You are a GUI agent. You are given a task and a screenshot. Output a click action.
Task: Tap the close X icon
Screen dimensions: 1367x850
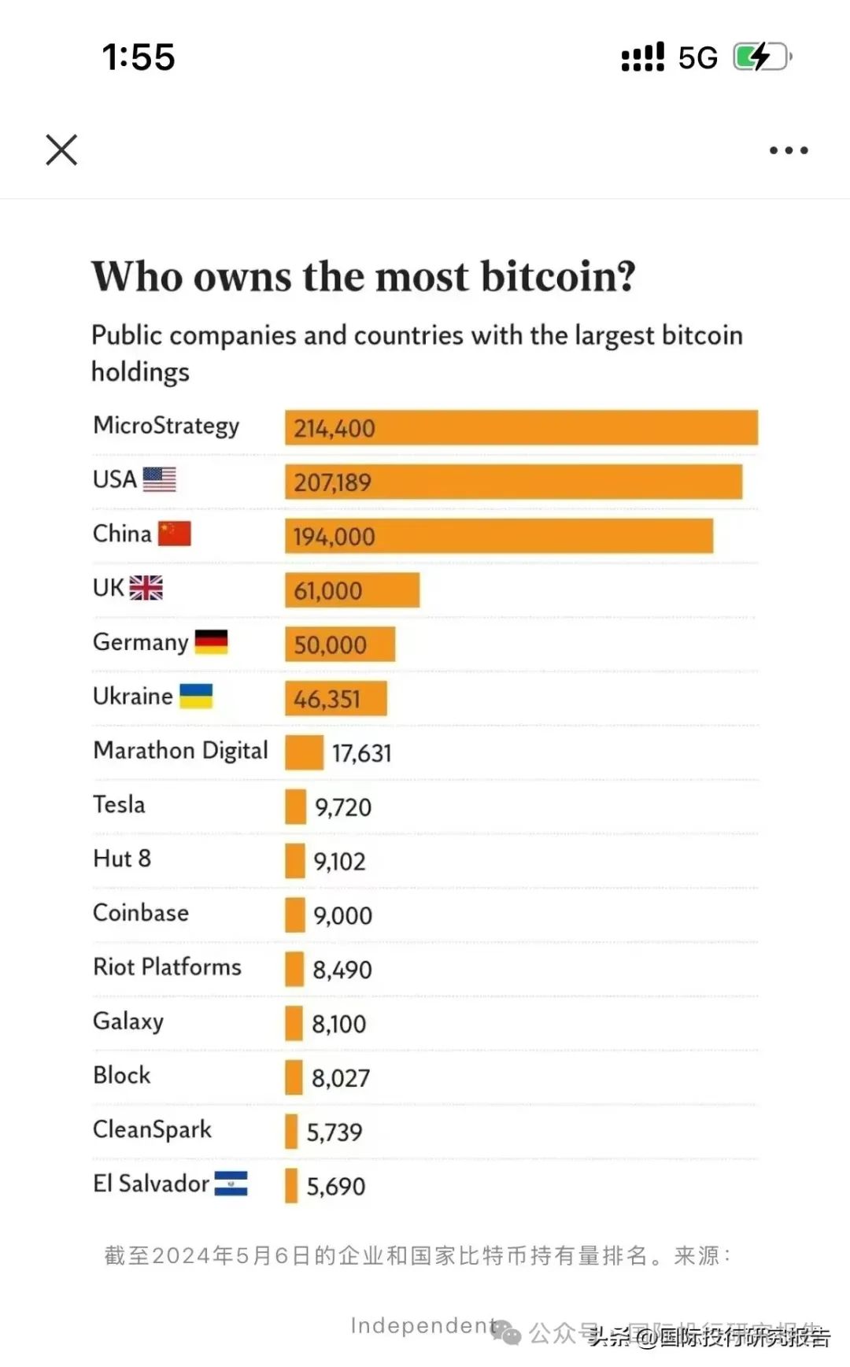click(61, 150)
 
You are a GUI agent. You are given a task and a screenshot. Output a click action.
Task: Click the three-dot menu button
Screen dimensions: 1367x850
click(789, 150)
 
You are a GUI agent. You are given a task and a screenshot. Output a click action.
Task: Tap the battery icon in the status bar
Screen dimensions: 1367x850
click(761, 57)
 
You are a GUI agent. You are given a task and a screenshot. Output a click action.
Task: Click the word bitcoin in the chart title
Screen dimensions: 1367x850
click(557, 276)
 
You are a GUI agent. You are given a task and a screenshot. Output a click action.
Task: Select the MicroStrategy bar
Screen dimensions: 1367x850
click(521, 427)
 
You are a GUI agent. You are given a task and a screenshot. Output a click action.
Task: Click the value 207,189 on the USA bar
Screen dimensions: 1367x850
click(332, 482)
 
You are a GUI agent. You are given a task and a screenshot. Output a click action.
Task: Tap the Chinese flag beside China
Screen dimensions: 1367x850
click(175, 534)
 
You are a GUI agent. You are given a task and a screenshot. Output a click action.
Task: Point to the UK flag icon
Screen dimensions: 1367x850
click(146, 588)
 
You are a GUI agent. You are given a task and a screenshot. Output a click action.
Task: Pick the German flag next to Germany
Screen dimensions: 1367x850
click(211, 642)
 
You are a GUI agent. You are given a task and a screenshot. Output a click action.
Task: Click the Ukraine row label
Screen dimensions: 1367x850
click(132, 696)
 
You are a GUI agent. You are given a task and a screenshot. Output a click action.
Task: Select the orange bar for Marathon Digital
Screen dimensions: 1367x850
click(304, 752)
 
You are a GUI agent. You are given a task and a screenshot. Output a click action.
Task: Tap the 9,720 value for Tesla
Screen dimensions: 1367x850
click(343, 807)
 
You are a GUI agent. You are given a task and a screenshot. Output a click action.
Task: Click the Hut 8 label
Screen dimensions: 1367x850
click(122, 859)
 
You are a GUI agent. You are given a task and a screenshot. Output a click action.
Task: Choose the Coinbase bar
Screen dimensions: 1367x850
click(295, 915)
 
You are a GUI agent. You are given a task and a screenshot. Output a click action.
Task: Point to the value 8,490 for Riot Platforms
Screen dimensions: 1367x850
click(342, 970)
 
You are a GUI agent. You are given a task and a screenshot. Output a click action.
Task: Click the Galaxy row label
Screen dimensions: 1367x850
click(128, 1022)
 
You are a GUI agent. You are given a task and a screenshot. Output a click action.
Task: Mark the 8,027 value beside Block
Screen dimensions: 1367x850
click(341, 1078)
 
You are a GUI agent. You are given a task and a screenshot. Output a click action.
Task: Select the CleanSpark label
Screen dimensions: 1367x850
click(152, 1130)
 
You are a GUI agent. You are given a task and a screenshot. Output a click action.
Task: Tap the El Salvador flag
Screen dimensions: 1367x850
click(231, 1184)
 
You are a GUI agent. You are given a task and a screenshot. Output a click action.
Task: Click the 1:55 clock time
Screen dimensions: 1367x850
click(139, 57)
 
